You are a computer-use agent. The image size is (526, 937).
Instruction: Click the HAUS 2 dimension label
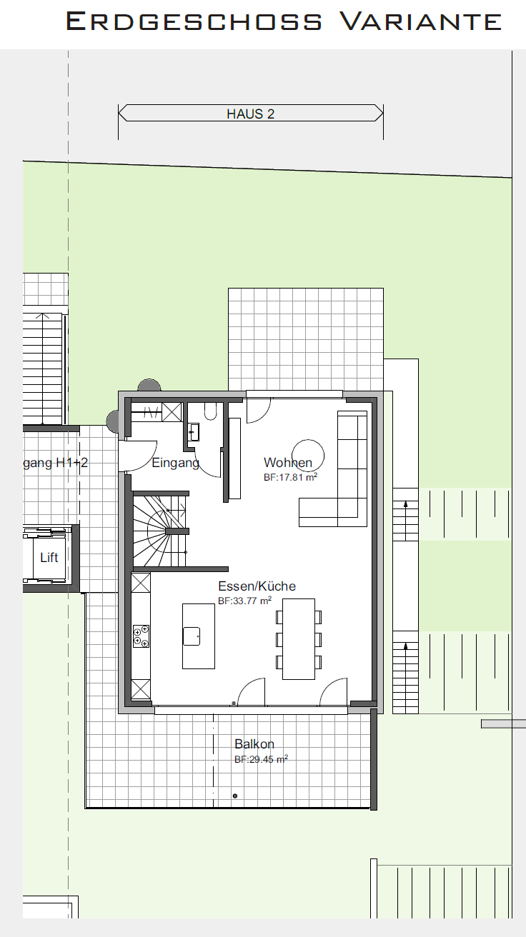click(x=250, y=114)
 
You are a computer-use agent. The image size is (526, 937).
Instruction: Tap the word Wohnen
click(x=288, y=463)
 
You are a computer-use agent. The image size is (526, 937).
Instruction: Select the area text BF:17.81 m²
click(x=290, y=477)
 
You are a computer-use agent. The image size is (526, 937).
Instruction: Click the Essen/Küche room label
click(x=257, y=586)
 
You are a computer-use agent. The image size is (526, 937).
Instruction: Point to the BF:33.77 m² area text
click(x=245, y=601)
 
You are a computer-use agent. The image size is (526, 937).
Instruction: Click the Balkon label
click(x=254, y=743)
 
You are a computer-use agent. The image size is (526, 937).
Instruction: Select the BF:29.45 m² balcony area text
click(x=261, y=758)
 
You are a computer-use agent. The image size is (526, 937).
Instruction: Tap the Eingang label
click(x=175, y=463)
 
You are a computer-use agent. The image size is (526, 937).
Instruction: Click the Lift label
click(x=49, y=557)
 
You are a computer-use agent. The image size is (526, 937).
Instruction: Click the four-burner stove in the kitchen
click(x=141, y=636)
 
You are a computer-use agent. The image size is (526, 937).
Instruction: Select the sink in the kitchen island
click(x=192, y=636)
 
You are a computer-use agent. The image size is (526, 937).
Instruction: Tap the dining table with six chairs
click(x=299, y=638)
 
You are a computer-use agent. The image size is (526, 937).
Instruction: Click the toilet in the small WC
click(x=211, y=411)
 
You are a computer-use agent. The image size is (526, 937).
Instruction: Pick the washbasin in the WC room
click(x=194, y=432)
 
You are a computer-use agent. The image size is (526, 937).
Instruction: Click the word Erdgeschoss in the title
click(x=194, y=21)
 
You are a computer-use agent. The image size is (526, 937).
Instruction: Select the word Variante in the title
click(x=421, y=21)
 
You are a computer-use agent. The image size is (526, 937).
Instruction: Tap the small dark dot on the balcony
click(x=235, y=796)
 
